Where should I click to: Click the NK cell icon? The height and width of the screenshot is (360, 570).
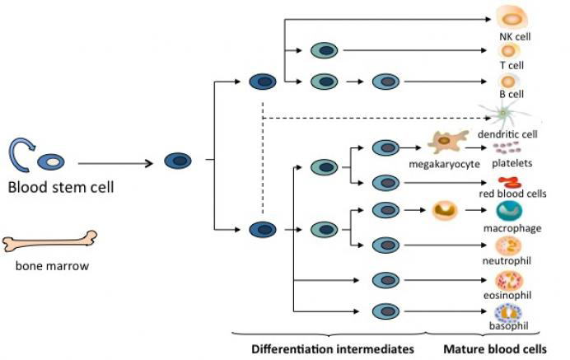coord(511,17)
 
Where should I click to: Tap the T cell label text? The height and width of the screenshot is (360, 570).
coord(509,65)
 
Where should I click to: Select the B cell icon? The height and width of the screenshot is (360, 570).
coord(508,81)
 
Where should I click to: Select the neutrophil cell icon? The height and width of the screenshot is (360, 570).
coord(508,245)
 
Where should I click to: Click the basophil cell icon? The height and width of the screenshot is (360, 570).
coord(507,313)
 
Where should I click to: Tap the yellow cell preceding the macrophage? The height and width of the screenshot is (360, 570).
coord(445,211)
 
